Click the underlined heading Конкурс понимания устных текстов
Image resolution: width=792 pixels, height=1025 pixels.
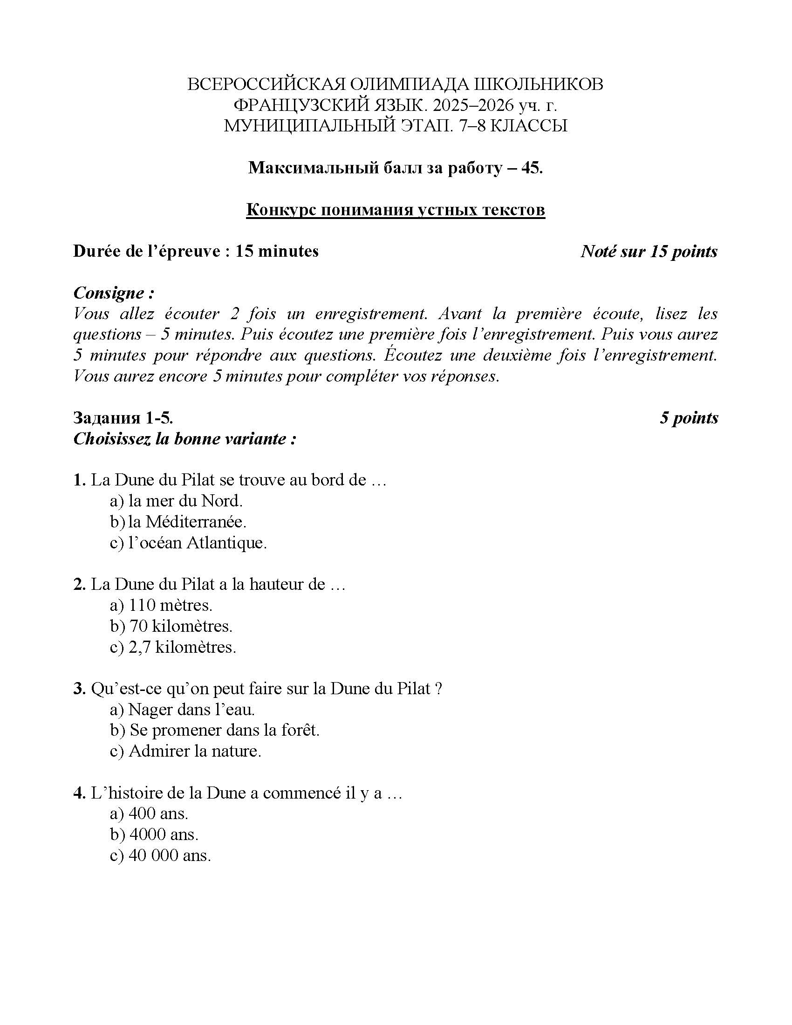pos(396,210)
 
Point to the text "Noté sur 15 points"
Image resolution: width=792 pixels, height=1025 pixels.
pos(649,252)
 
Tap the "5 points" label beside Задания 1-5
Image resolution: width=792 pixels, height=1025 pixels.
pos(689,418)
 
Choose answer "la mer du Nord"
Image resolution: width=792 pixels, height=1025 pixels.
pos(185,501)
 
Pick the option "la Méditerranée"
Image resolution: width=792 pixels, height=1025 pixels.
pos(187,521)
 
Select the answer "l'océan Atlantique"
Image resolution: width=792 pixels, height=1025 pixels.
pos(197,542)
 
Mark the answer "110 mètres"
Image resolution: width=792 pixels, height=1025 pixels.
pos(171,605)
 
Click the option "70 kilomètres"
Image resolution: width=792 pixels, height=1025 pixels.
pos(181,626)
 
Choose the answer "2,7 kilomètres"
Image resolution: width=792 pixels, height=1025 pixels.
pos(182,647)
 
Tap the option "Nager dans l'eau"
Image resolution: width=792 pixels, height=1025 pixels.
pos(191,709)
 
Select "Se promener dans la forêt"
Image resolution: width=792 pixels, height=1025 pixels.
pos(224,730)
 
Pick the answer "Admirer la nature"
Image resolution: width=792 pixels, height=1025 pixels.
pos(194,751)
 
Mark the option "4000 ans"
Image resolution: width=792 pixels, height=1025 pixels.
pos(164,834)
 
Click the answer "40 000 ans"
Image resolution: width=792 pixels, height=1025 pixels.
pos(170,855)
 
